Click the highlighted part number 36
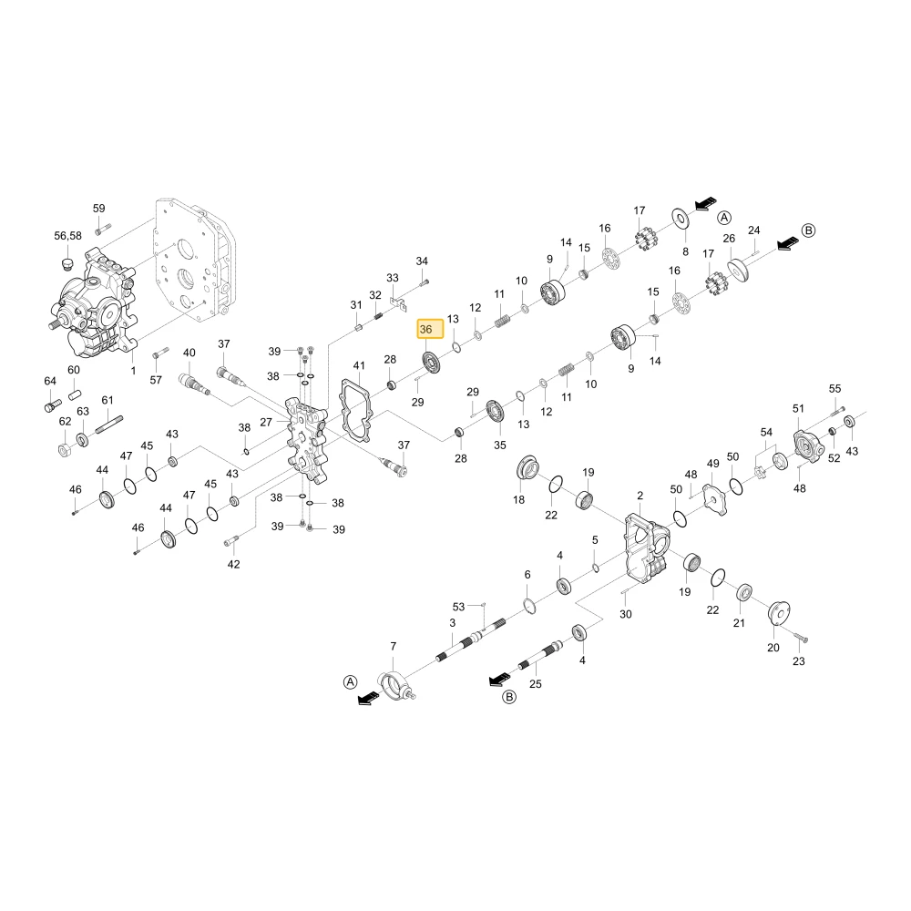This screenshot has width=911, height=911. point(430,329)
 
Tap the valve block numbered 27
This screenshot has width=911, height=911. point(308,439)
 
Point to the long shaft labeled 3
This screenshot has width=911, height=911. point(471,640)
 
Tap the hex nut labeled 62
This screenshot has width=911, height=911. point(65,449)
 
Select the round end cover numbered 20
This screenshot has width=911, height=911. point(778,613)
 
